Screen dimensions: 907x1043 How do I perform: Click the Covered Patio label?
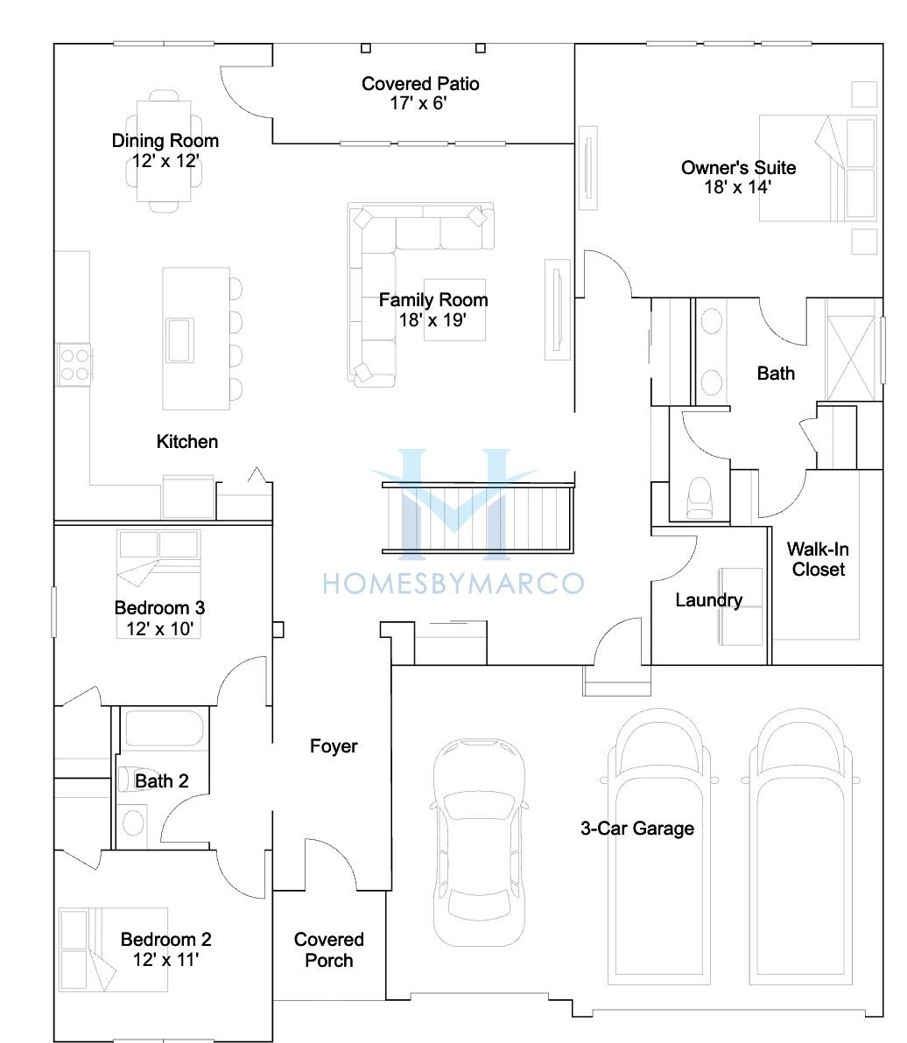420,84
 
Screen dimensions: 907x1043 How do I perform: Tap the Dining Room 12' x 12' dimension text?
165,161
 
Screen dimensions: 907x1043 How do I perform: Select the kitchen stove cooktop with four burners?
74,365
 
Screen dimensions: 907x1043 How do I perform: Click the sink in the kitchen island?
179,339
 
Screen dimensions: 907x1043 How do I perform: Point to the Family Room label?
433,300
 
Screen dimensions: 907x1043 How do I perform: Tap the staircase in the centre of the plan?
478,518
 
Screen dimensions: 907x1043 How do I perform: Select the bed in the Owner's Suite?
818,168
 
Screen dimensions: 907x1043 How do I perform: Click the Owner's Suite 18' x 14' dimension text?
738,187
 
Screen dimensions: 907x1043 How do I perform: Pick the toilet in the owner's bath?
699,498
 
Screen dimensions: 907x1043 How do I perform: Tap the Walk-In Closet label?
818,559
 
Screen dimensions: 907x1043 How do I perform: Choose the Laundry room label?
708,600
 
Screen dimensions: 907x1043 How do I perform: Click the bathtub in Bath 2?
165,728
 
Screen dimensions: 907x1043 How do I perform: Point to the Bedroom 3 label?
159,607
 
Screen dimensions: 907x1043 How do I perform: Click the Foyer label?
334,746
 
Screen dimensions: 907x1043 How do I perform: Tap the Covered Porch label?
328,950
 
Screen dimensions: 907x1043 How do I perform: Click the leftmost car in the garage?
479,842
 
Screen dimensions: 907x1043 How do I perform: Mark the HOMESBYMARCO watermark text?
453,584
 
